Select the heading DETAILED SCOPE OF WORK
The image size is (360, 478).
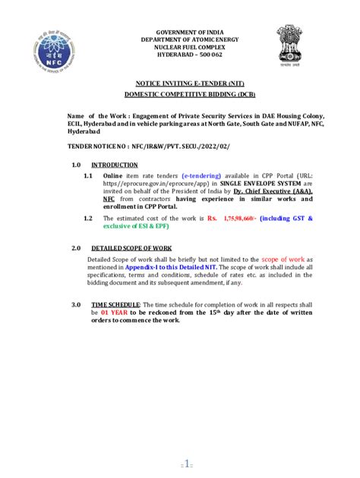[x=131, y=248]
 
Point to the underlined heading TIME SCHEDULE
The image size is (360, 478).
[x=115, y=304]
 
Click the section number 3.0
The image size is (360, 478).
[x=76, y=304]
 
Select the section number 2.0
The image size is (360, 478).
[x=76, y=248]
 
